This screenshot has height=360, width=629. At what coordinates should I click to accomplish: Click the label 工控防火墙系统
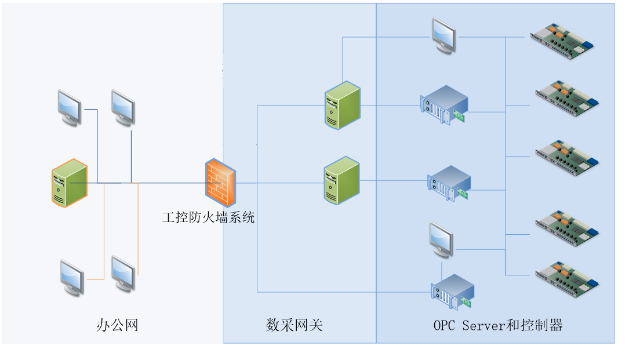[x=208, y=218]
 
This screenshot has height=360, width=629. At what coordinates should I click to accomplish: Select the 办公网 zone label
[x=117, y=325]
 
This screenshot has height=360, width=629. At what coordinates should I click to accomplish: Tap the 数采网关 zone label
[x=294, y=325]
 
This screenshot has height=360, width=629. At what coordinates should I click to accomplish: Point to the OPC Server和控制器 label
[x=498, y=325]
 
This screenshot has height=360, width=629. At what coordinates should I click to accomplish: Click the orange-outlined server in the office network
[x=70, y=183]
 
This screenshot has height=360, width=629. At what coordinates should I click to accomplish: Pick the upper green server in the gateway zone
[x=342, y=106]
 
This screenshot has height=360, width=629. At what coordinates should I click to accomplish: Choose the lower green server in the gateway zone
[x=342, y=180]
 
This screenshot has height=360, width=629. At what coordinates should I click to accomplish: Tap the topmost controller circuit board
[x=563, y=38]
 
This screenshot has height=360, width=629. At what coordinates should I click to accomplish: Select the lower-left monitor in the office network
[x=72, y=277]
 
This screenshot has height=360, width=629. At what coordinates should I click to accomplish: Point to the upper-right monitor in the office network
[x=123, y=107]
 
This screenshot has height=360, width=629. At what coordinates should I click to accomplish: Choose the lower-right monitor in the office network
[x=123, y=272]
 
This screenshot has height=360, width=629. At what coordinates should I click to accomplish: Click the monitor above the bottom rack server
[x=442, y=239]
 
